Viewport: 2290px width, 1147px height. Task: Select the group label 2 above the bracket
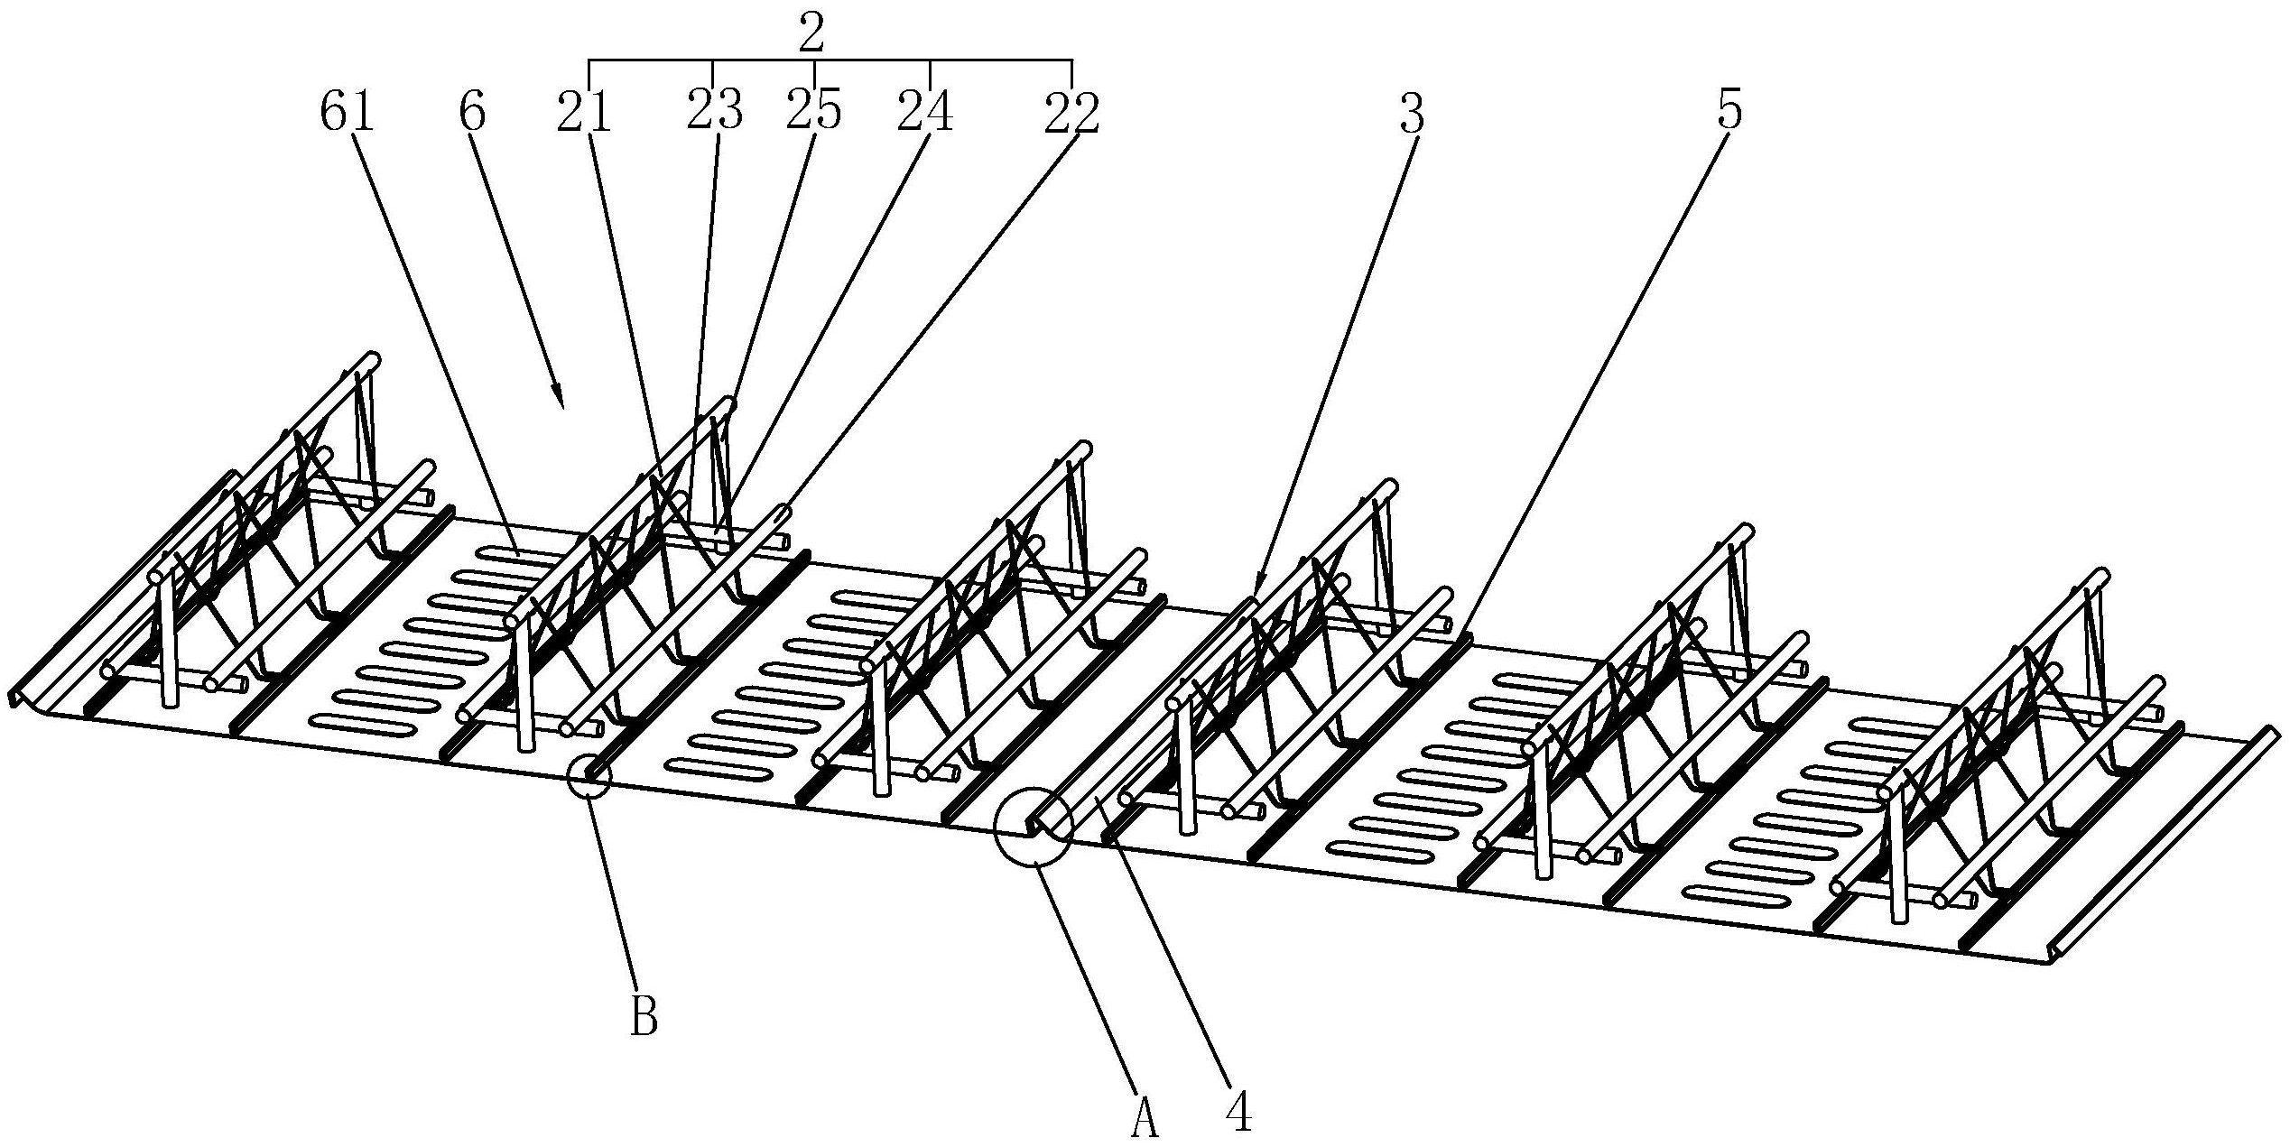(x=811, y=34)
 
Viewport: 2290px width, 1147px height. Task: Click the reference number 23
(x=715, y=113)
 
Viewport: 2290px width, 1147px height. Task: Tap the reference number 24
(x=925, y=113)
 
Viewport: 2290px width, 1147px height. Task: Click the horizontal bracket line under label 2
(x=830, y=60)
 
